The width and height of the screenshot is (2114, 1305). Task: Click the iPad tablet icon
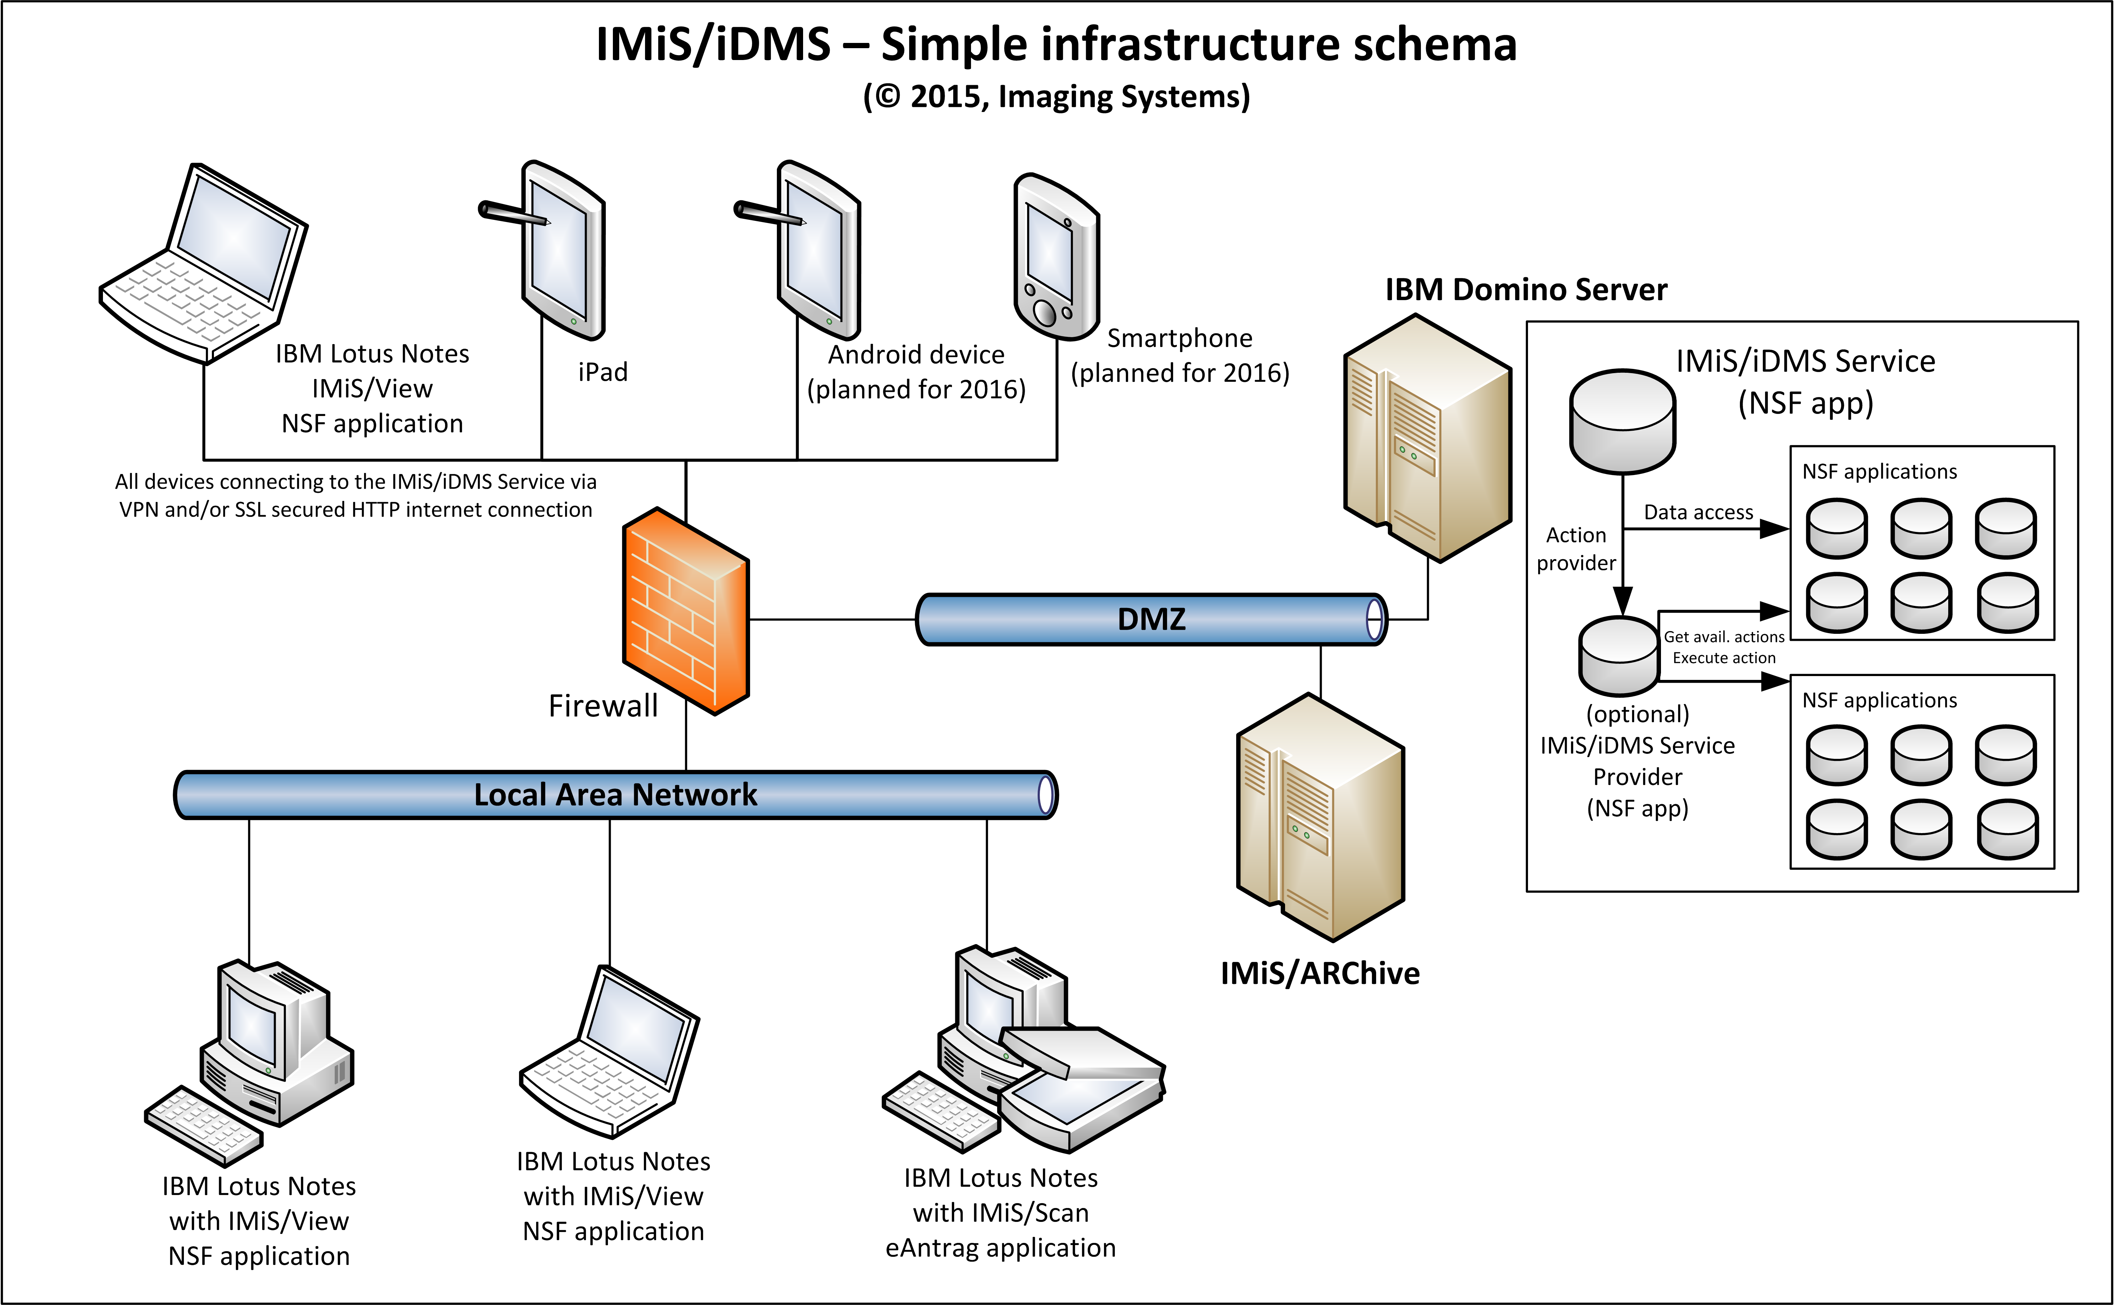[563, 250]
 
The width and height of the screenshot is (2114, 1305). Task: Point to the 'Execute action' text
[1724, 658]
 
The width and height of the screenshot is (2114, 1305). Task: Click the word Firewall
[603, 706]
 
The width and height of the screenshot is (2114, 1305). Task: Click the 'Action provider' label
[1575, 549]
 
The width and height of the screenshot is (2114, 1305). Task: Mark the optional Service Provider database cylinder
[1619, 656]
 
